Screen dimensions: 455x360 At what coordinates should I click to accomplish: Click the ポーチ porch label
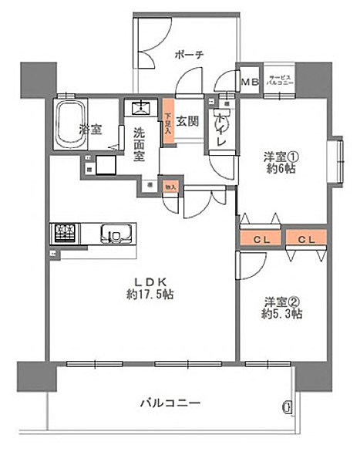(189, 55)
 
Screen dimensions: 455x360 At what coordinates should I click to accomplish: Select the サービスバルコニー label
(280, 80)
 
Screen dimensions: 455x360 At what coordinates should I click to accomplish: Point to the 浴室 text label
(90, 130)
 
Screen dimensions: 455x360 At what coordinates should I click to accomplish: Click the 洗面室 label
(138, 143)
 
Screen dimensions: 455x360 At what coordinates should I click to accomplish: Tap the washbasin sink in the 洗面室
(140, 108)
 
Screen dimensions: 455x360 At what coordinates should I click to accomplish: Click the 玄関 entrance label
(190, 120)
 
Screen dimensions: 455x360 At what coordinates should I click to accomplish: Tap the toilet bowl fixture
(223, 119)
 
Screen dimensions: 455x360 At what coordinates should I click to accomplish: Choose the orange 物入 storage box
(170, 186)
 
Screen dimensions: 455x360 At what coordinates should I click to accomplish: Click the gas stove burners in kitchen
(64, 231)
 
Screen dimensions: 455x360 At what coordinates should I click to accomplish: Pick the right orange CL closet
(307, 240)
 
